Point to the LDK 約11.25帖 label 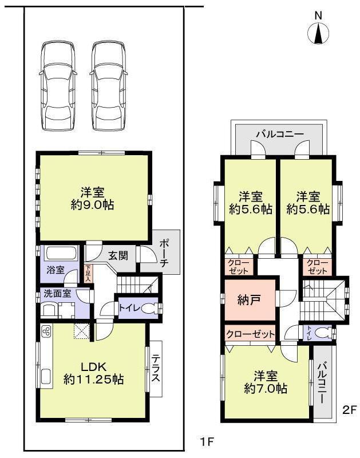coord(94,373)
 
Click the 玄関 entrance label coord(118,256)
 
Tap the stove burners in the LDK coord(46,331)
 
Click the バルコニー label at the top coord(280,135)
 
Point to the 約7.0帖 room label coord(264,382)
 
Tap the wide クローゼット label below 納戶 coord(250,334)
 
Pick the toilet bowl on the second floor coord(325,333)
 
